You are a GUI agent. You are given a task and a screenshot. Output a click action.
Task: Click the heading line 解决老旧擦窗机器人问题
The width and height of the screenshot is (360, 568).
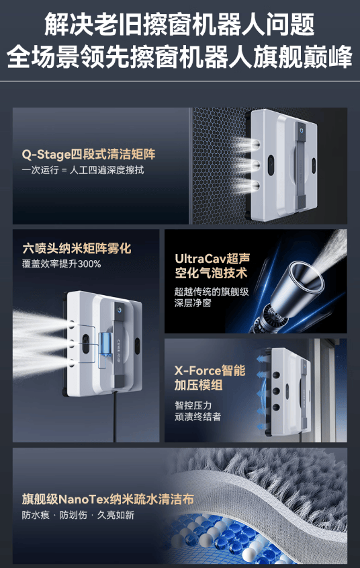tap(179, 25)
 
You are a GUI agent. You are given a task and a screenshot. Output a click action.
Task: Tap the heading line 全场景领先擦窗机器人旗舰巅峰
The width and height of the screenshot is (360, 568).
tap(179, 57)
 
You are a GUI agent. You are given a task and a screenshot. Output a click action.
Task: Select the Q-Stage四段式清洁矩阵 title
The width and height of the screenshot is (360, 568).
tap(88, 155)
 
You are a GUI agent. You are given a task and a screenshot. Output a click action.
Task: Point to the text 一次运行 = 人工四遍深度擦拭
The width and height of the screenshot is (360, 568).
tap(83, 170)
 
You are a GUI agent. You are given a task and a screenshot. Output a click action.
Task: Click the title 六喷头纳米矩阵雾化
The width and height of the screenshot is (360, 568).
tap(77, 249)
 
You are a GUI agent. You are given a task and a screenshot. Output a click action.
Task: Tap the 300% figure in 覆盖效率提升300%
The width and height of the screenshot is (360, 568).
tap(89, 263)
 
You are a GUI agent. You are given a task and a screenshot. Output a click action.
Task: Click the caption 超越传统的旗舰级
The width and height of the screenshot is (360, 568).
tap(212, 292)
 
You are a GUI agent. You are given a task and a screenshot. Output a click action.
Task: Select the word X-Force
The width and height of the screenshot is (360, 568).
tap(197, 370)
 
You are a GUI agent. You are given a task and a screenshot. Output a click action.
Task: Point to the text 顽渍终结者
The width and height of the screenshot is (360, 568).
tap(197, 416)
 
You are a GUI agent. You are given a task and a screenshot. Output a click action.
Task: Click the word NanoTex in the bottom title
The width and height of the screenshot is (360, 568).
tap(84, 499)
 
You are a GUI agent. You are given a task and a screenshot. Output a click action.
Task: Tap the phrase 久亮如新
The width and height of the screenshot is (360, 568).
tap(116, 515)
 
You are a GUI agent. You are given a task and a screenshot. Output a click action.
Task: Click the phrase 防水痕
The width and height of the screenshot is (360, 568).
tap(36, 515)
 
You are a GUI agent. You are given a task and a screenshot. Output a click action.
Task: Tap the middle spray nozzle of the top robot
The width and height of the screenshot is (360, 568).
tap(255, 165)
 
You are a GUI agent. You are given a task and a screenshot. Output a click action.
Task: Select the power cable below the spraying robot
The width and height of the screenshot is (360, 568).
tap(115, 417)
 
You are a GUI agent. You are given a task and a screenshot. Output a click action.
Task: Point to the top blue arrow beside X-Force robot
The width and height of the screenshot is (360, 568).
tap(261, 359)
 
